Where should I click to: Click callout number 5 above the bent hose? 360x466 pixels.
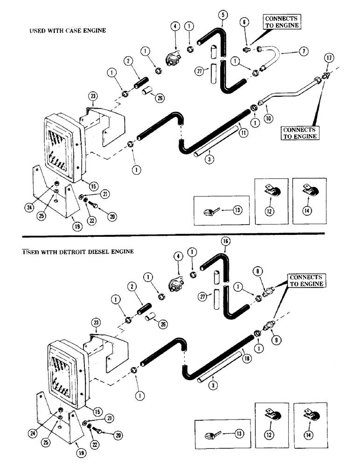223,15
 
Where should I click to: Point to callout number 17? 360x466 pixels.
329,58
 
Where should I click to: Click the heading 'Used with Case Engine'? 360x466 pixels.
68,30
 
